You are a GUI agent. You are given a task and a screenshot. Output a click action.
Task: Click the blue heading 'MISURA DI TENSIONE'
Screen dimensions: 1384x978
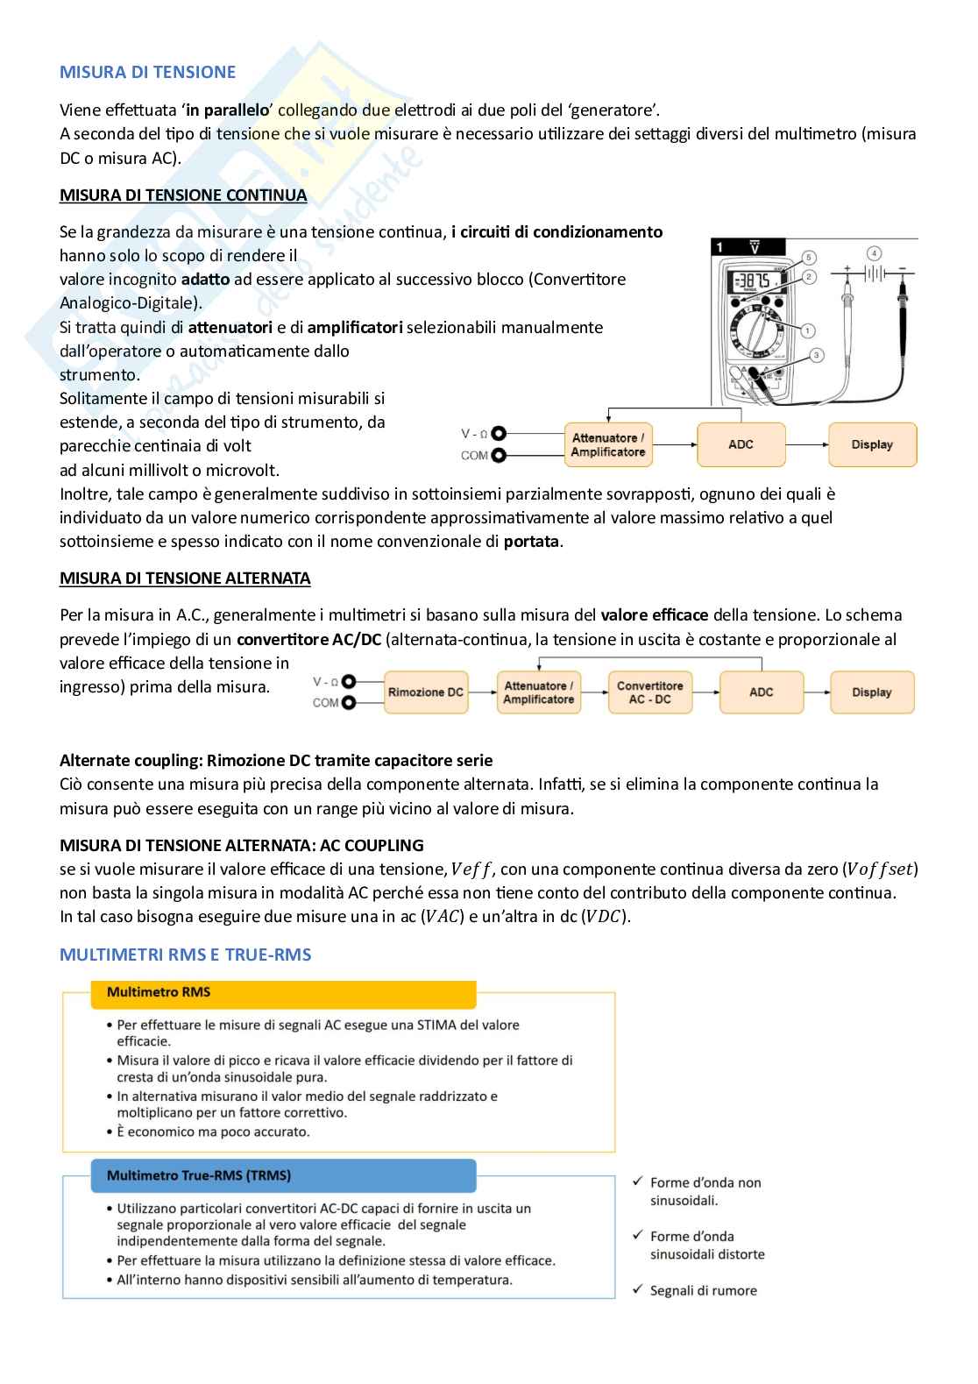point(147,72)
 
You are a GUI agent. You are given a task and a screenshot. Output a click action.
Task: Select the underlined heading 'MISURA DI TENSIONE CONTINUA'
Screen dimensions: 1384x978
point(183,195)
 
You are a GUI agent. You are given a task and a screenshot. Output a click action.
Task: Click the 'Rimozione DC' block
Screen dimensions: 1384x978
point(425,692)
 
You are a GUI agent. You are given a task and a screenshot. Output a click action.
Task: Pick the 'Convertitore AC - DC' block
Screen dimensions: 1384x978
point(649,692)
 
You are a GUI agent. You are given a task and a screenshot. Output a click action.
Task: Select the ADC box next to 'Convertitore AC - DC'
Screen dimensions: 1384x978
point(761,692)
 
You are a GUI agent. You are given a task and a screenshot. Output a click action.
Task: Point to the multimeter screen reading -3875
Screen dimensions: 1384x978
point(752,282)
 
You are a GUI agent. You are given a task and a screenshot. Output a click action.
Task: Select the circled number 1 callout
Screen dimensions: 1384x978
point(807,330)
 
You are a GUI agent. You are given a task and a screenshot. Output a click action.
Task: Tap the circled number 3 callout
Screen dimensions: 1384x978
point(816,355)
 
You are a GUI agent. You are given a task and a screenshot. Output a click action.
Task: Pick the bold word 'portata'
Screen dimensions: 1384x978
point(531,542)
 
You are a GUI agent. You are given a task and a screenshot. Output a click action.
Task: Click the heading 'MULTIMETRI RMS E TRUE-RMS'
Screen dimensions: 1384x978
point(185,955)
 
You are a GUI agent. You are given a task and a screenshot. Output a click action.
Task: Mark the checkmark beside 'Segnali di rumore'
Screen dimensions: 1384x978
point(637,1290)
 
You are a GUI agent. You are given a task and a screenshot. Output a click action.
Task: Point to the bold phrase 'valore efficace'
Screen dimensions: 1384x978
point(655,615)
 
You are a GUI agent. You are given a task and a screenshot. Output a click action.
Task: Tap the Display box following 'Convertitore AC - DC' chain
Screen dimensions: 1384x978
point(871,692)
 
